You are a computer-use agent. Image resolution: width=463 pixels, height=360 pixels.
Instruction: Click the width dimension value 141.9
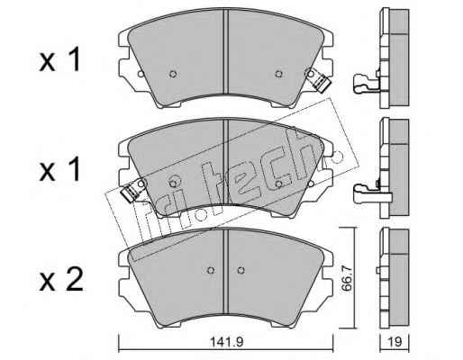pos(226,342)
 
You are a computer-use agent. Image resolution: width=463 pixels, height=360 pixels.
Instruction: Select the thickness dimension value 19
pos(395,342)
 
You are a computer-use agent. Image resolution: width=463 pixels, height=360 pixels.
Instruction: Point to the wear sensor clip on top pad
pos(320,80)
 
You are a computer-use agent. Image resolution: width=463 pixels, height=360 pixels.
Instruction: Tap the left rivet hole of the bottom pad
pos(211,271)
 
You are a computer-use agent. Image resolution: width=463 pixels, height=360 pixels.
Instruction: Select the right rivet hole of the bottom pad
pos(241,271)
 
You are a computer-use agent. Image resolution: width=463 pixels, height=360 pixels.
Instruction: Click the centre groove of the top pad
pos(226,51)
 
